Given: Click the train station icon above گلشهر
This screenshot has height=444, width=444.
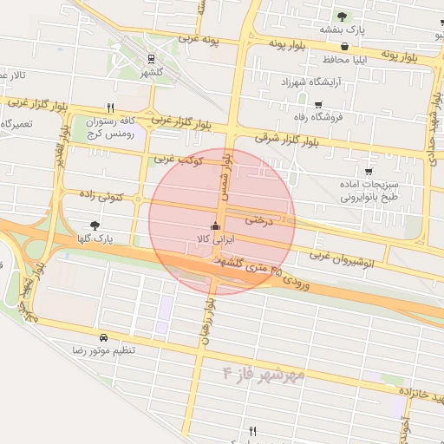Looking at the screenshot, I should (152, 59).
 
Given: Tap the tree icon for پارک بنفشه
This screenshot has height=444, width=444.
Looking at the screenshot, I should (342, 16).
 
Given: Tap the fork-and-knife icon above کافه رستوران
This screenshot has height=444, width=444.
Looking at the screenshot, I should (110, 108).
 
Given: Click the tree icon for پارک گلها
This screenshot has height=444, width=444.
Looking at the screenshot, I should (95, 225).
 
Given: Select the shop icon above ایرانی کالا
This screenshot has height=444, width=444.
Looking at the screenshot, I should (215, 222).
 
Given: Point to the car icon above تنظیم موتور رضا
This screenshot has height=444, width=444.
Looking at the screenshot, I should (104, 336).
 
